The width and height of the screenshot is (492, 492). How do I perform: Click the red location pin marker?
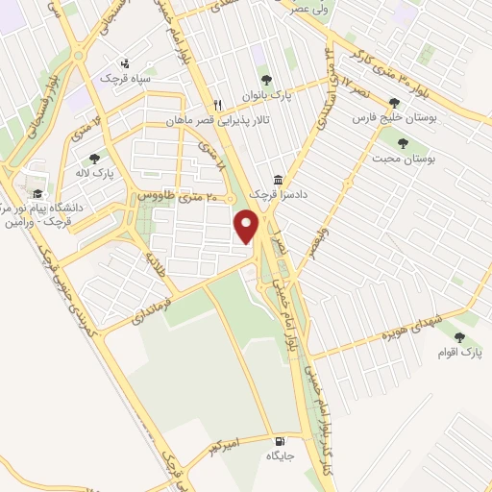[248, 227]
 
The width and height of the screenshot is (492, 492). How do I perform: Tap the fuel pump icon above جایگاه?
[279, 439]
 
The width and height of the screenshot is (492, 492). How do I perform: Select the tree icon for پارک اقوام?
[459, 338]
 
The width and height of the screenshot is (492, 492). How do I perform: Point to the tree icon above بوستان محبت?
[402, 142]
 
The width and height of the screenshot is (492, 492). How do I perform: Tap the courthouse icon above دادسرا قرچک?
[279, 180]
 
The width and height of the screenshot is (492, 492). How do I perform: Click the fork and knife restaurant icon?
[218, 106]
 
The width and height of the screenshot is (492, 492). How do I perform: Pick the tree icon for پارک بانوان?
[266, 80]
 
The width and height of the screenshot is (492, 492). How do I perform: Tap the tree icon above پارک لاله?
[94, 159]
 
